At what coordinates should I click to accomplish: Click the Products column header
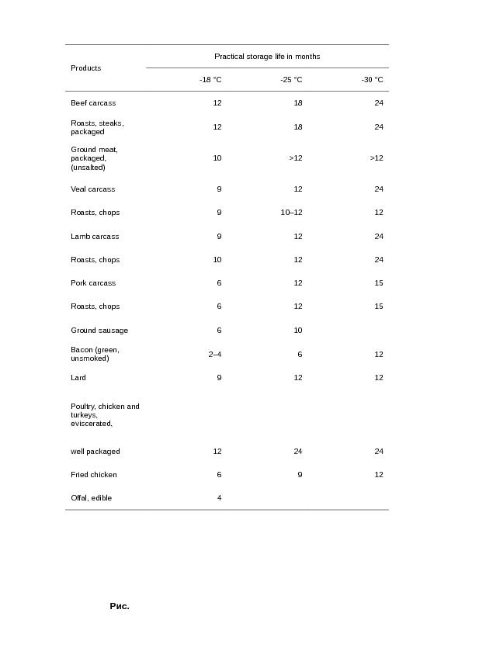(86, 68)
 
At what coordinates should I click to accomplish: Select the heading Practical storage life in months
(267, 57)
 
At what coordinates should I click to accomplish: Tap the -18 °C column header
(210, 80)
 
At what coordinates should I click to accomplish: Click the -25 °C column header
(291, 80)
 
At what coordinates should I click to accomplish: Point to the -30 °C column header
(372, 80)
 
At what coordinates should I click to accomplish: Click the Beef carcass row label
(93, 103)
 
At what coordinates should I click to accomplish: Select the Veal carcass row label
(92, 189)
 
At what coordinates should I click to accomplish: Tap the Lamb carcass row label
(95, 237)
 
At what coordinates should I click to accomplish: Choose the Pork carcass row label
(93, 283)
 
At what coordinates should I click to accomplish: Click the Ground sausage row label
(99, 331)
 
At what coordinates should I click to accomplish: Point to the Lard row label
(78, 378)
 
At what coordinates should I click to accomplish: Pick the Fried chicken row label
(94, 475)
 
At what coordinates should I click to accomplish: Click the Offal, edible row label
(91, 498)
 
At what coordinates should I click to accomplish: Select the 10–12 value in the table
(291, 213)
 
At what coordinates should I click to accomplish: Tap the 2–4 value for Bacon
(215, 355)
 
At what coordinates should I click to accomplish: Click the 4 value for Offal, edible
(219, 498)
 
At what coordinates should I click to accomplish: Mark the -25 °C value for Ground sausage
(297, 331)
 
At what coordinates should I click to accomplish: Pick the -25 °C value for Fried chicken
(300, 475)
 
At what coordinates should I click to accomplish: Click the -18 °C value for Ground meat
(217, 158)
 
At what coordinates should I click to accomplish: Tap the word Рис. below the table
(119, 607)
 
